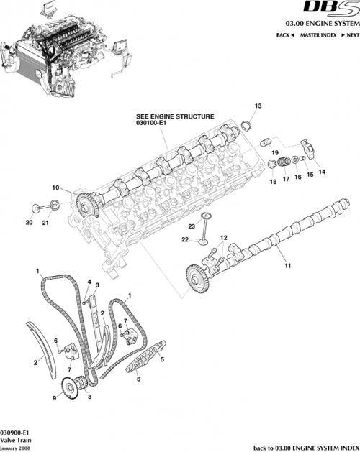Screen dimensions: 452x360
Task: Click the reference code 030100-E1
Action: coord(152,122)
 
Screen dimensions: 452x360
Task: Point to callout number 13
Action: coord(256,106)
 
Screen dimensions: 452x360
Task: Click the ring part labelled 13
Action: coord(245,126)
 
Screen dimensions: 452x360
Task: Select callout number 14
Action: coord(321,172)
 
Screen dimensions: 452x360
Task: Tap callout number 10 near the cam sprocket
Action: coord(55,188)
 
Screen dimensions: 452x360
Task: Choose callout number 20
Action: coord(29,223)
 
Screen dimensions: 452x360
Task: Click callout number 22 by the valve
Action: coord(184,239)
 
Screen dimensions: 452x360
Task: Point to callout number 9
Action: coord(54,397)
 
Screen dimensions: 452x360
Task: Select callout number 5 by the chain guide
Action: coord(162,359)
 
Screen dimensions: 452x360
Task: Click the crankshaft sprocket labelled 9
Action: coord(71,392)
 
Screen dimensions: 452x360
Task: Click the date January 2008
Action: coord(16,447)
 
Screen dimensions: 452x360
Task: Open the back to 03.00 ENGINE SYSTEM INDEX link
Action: coord(306,447)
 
